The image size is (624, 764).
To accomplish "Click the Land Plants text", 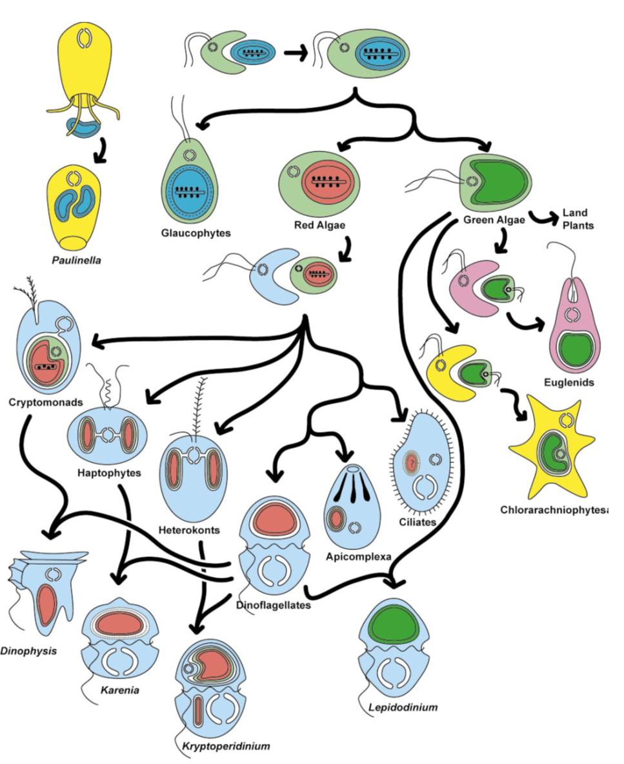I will click(578, 219).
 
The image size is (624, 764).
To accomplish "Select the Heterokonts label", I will click(188, 531).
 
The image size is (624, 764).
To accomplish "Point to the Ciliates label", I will click(417, 522).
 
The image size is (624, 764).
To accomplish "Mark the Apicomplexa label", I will click(359, 556).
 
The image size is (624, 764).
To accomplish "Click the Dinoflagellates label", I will click(274, 605).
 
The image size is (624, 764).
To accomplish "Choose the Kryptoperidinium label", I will click(221, 747).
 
